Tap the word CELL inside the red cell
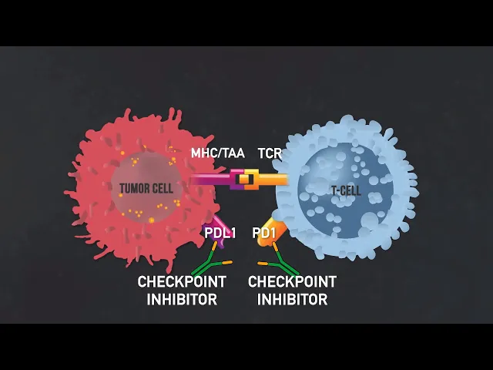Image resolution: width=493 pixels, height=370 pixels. [163, 187]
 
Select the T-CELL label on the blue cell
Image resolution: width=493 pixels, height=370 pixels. [345, 190]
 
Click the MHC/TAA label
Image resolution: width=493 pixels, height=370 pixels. [218, 153]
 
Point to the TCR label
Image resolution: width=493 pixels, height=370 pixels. [270, 153]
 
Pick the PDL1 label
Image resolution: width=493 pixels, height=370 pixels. [220, 233]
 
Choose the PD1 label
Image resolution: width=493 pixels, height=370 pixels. [264, 233]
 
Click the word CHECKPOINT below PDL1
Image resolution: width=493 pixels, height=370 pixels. [182, 282]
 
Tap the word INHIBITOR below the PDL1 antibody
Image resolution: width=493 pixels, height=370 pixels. [182, 299]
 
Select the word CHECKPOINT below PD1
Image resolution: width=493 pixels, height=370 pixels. [292, 282]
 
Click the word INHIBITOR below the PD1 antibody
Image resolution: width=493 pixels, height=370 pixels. [292, 299]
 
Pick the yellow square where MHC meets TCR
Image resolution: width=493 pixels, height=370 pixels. [245, 180]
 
